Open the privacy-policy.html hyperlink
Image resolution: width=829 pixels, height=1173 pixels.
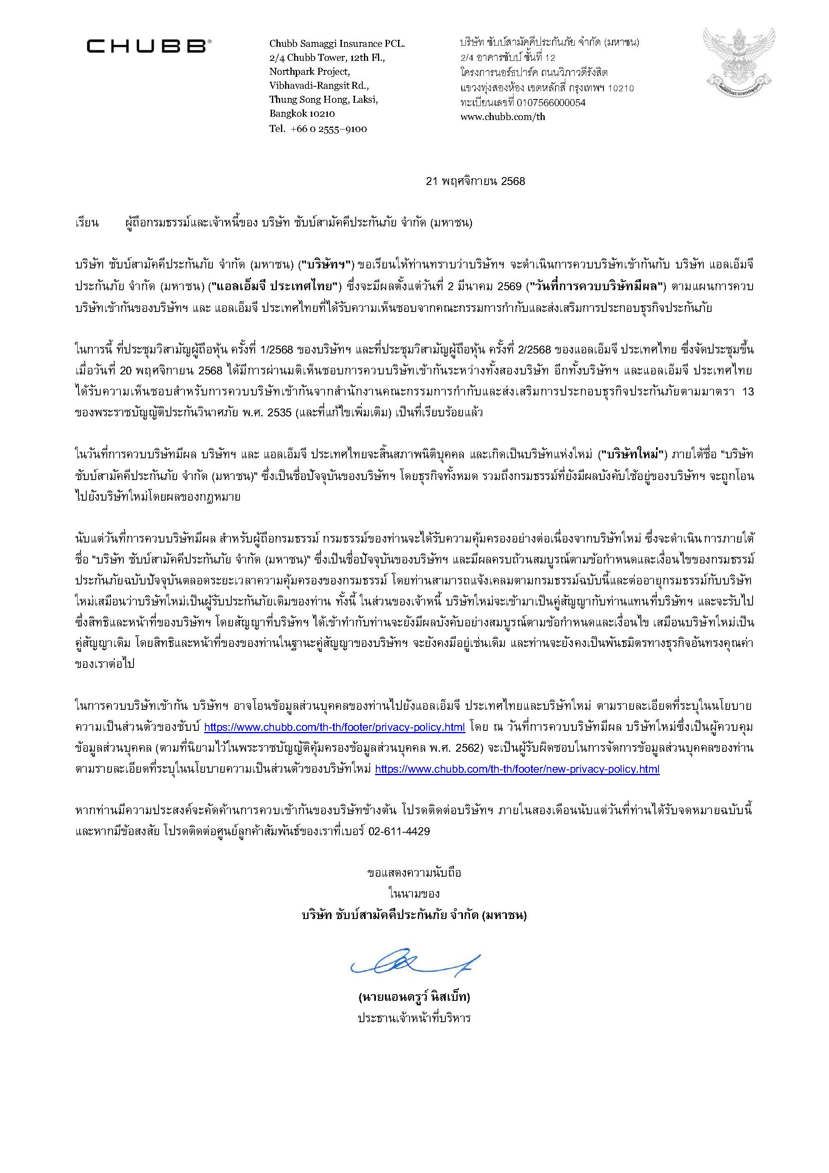(x=334, y=727)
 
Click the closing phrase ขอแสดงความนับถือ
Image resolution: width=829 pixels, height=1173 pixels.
(x=414, y=873)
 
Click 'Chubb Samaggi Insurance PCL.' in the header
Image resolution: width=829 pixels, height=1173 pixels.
(x=337, y=44)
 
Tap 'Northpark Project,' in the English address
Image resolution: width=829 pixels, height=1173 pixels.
(x=309, y=72)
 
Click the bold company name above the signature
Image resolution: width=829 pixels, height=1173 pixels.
(x=414, y=915)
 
